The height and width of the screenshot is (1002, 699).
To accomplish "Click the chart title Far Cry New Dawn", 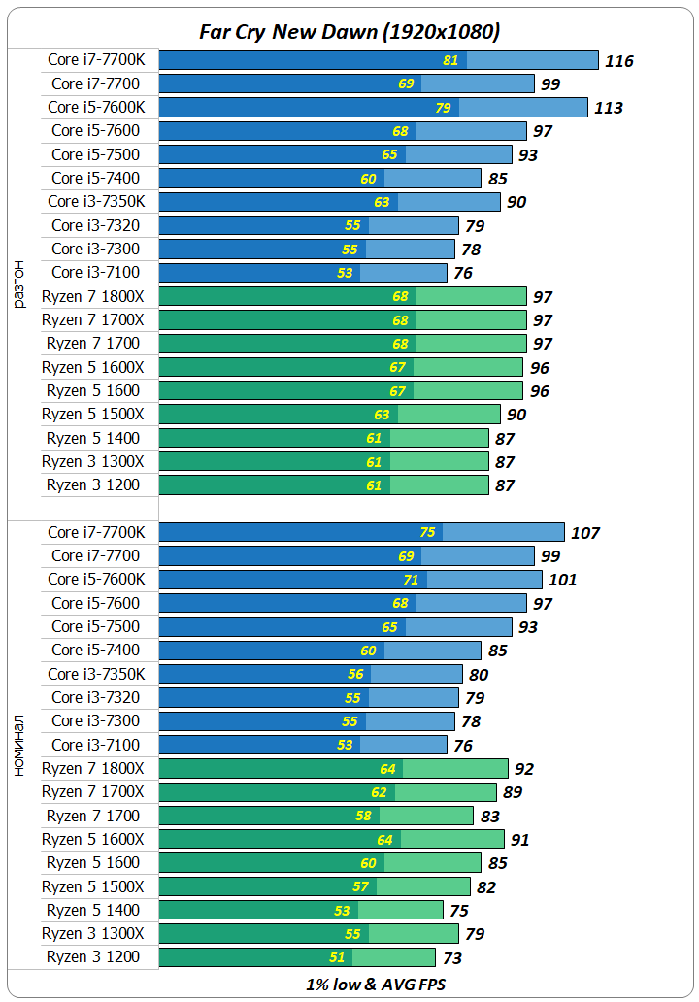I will tap(349, 32).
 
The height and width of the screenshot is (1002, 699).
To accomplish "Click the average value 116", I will tap(618, 61).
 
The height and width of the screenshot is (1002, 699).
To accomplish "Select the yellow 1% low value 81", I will tap(450, 60).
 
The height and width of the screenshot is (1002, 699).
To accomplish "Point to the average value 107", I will tap(585, 533).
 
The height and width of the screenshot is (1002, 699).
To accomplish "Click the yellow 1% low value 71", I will tap(411, 580).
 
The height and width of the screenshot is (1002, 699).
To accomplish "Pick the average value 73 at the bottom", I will tap(451, 958).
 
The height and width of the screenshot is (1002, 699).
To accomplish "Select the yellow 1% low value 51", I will tap(337, 957).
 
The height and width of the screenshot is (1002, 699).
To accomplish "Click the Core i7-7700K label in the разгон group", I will tap(96, 60).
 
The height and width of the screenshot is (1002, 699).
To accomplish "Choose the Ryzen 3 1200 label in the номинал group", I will tap(93, 957).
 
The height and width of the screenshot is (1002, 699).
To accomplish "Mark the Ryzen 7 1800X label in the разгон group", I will tap(93, 296).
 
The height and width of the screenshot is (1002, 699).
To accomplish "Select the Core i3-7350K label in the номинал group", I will tap(96, 674).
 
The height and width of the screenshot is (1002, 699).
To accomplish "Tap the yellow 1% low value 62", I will tap(378, 792).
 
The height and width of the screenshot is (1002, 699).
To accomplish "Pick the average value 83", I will tap(489, 817).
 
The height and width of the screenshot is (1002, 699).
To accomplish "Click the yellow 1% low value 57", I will tap(359, 886).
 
